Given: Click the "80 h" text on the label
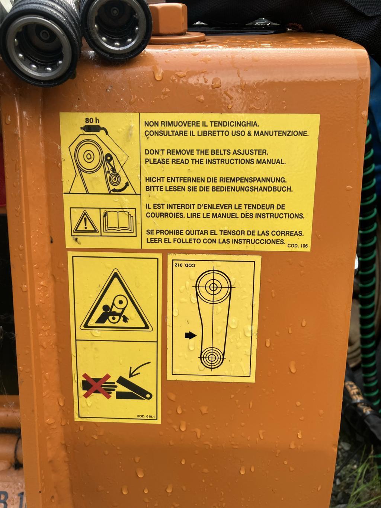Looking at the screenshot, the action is coord(92,120).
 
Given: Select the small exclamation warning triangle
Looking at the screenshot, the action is coord(85,222).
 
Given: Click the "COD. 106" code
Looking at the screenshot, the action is coord(298,246).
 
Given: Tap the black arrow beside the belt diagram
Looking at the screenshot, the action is coord(190,335).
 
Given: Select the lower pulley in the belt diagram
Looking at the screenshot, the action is coord(211,358).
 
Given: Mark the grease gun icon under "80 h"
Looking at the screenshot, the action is coord(95,130).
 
